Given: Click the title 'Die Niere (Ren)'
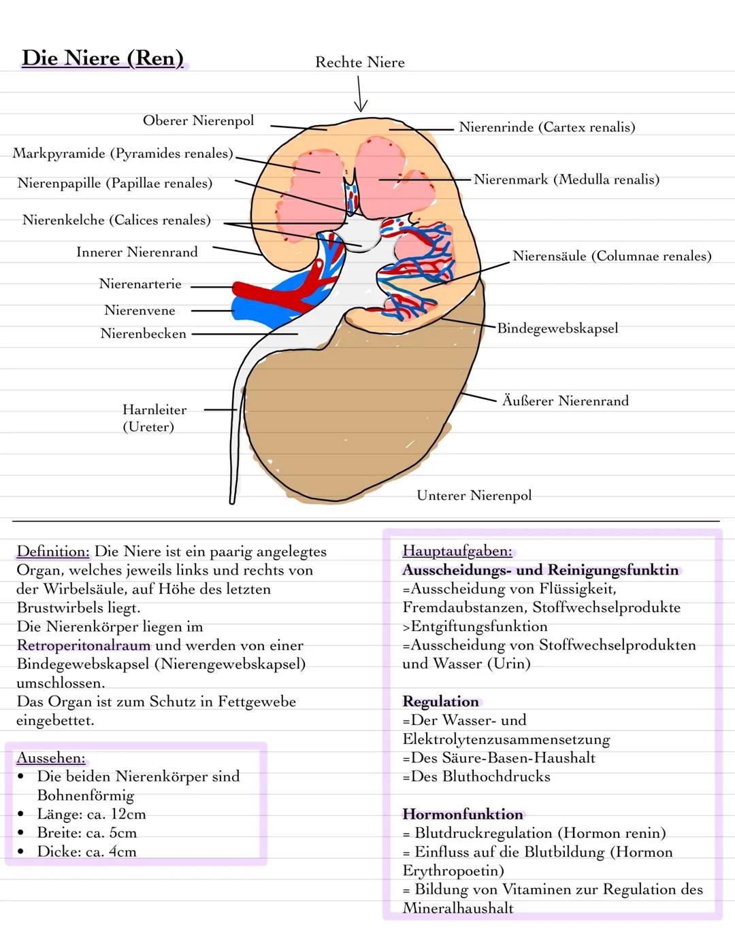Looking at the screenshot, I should tap(103, 58).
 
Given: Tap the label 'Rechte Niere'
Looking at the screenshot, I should tap(360, 63).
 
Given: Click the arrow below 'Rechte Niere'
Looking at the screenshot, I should tap(361, 94).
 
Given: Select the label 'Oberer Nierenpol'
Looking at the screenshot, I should tap(198, 121).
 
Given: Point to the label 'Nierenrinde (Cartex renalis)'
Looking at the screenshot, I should tap(546, 127).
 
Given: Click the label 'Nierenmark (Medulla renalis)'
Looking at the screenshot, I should tap(566, 180).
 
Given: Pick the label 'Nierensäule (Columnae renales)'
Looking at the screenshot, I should tap(612, 256).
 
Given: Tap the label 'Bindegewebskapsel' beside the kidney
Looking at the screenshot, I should tap(557, 328).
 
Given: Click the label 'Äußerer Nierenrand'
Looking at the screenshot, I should tap(565, 401).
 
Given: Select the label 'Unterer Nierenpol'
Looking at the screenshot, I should tap(474, 496).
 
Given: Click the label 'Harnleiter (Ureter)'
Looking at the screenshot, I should tap(154, 418).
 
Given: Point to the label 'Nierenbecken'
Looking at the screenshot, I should tap(143, 334).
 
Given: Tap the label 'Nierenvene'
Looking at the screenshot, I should tap(140, 311).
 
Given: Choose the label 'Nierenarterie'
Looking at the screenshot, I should tap(140, 284).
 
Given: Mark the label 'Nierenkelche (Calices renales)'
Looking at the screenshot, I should tap(116, 220).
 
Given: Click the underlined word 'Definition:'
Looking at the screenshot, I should tap(53, 552).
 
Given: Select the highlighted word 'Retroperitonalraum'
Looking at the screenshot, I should tap(84, 645).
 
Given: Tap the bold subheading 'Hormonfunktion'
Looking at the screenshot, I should tap(463, 815).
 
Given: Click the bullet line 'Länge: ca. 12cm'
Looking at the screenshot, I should tap(91, 814).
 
